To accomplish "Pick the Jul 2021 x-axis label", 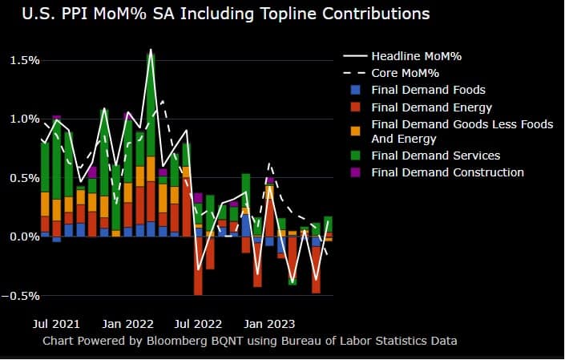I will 56,324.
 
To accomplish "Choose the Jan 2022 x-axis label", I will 128,324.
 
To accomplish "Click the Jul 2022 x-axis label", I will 198,324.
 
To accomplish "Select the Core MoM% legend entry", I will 406,73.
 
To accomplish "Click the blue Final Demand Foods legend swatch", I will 354,90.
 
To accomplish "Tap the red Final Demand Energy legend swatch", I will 354,107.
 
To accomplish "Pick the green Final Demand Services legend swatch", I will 354,156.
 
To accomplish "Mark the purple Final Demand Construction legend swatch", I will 354,172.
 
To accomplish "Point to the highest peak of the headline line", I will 150,50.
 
